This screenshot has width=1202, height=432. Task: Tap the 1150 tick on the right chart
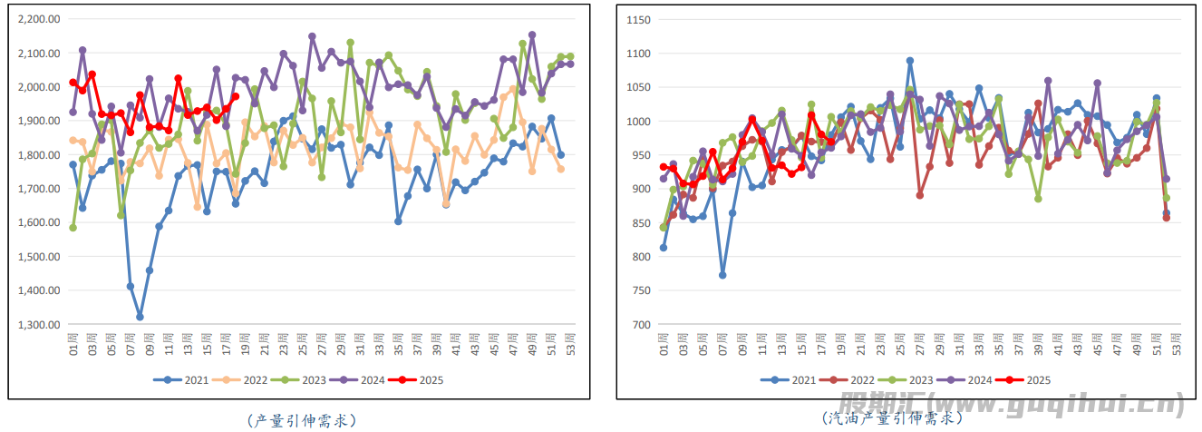pyautogui.click(x=638, y=19)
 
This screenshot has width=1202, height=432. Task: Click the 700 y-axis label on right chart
pyautogui.click(x=641, y=325)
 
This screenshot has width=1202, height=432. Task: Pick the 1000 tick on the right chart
pyautogui.click(x=638, y=122)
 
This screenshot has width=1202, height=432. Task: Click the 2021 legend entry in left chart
pyautogui.click(x=185, y=381)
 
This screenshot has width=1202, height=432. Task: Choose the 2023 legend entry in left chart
pyautogui.click(x=303, y=381)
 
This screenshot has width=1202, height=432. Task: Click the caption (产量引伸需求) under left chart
pyautogui.click(x=301, y=420)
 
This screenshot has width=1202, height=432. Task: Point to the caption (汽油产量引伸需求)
pyautogui.click(x=892, y=418)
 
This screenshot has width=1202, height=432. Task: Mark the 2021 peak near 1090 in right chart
pyautogui.click(x=910, y=61)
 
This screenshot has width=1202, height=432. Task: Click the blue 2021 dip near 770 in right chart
pyautogui.click(x=722, y=275)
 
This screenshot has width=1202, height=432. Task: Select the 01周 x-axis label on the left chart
pyautogui.click(x=73, y=344)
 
